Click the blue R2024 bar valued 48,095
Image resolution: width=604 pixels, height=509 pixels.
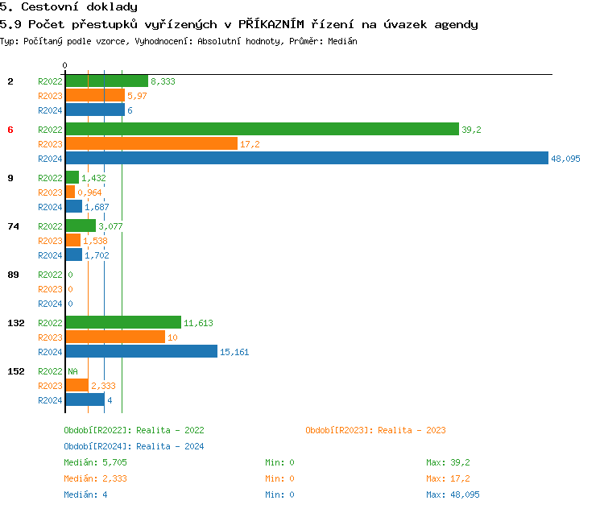point(306,159)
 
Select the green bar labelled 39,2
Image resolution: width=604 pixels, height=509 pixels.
point(262,130)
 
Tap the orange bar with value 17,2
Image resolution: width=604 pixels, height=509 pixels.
point(151,144)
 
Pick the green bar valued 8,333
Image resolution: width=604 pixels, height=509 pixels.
point(106,81)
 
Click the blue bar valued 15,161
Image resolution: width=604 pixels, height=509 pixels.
point(141,352)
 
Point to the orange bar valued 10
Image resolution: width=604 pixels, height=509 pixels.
point(114,337)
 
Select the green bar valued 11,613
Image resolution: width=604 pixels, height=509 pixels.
point(122,323)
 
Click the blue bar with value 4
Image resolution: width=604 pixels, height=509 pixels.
point(85,400)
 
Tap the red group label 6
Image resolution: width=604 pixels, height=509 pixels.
point(10,130)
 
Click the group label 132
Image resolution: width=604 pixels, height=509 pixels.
point(16,323)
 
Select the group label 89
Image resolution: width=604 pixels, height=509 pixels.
point(13,275)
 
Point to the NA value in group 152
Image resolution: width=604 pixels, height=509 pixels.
point(72,371)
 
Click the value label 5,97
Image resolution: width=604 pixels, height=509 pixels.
point(138,96)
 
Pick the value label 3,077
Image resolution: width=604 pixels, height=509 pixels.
point(110,226)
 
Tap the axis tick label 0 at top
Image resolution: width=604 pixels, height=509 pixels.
point(65,65)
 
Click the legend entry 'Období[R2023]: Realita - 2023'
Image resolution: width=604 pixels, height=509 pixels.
point(375,430)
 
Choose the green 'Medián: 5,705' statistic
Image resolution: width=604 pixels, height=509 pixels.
point(95,462)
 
